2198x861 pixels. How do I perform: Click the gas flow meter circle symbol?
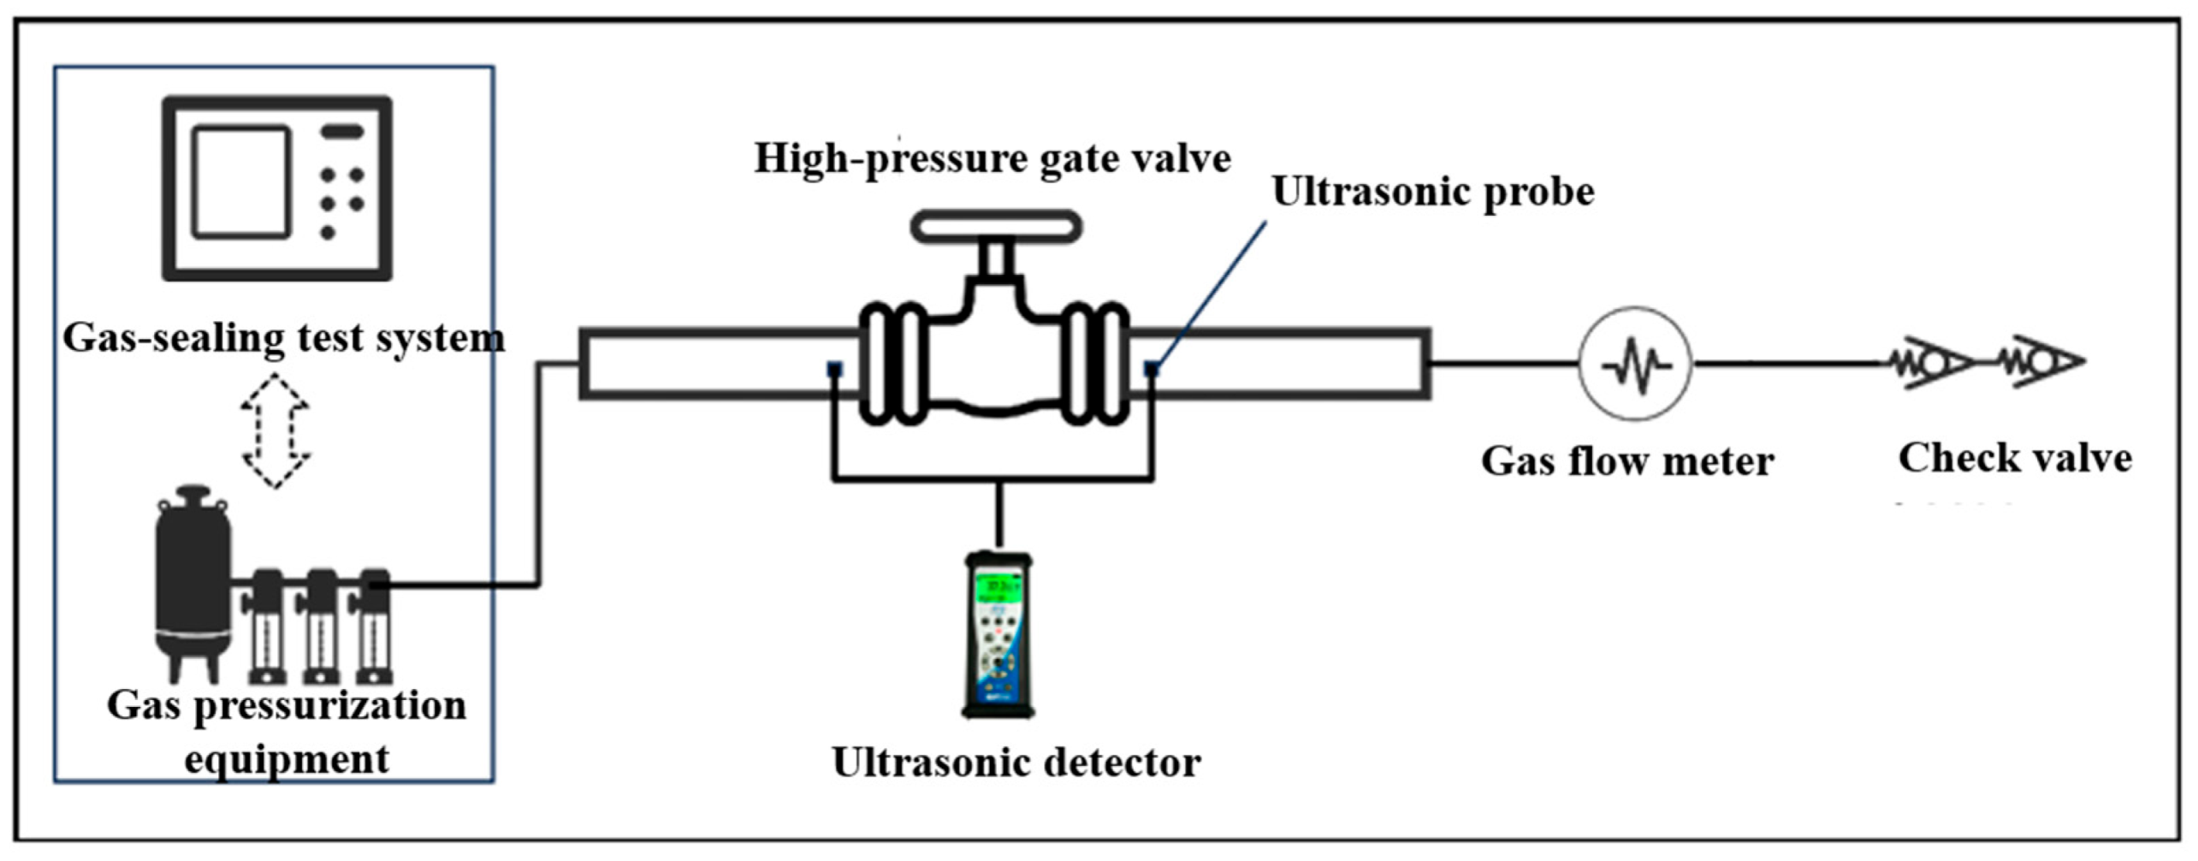[x=1634, y=364]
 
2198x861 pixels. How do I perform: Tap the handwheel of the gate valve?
[x=996, y=227]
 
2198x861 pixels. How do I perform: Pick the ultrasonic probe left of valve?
[x=834, y=369]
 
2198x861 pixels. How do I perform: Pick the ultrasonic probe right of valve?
[x=1152, y=369]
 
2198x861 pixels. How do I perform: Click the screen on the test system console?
[x=240, y=181]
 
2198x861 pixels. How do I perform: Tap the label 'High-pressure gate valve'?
[x=992, y=158]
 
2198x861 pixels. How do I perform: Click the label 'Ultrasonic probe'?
[x=1433, y=192]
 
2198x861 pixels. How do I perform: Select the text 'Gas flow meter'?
[x=1627, y=461]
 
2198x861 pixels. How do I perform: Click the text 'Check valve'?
[x=2015, y=458]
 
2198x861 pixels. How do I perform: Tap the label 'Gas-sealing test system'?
[x=283, y=337]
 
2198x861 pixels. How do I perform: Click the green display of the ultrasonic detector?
[x=998, y=587]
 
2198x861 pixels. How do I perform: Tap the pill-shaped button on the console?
[x=342, y=132]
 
